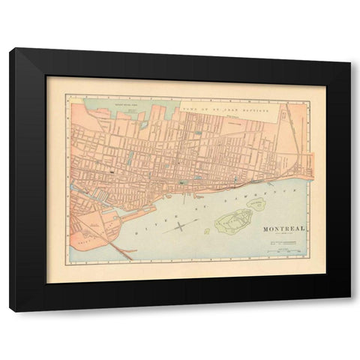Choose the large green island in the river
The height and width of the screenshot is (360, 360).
click(235, 220)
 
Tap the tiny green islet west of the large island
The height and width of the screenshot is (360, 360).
click(207, 231)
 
